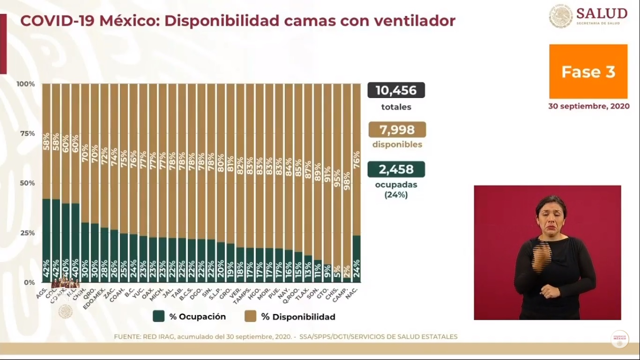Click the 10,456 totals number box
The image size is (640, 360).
click(x=396, y=90)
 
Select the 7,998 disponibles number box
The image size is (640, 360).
click(x=397, y=129)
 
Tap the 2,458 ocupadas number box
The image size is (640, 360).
click(x=396, y=169)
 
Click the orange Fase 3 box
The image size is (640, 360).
click(x=588, y=72)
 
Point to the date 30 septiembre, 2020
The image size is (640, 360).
click(x=588, y=106)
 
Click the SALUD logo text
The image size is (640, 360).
click(x=602, y=13)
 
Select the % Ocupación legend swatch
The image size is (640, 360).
click(x=158, y=316)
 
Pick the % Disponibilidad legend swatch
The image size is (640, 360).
click(x=250, y=316)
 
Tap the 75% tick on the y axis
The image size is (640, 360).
click(x=26, y=134)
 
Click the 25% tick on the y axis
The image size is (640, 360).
click(x=26, y=233)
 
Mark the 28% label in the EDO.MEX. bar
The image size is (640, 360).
click(x=104, y=271)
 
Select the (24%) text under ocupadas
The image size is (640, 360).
click(x=396, y=194)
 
